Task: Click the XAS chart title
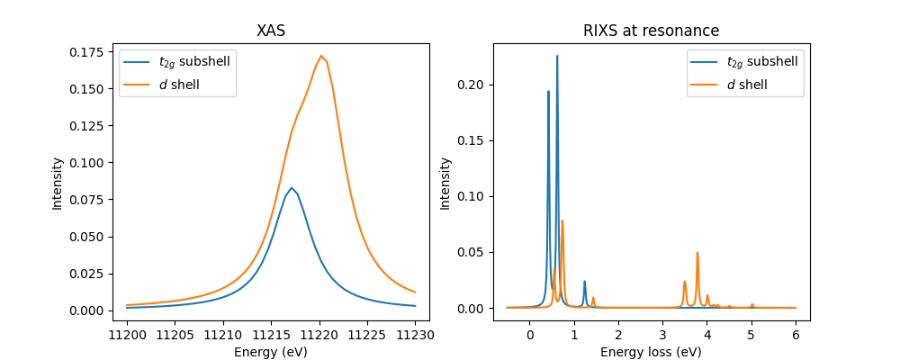pyautogui.click(x=271, y=30)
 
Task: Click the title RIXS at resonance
pyautogui.click(x=651, y=30)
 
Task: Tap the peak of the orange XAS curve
pyautogui.click(x=320, y=56)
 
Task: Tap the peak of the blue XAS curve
pyautogui.click(x=292, y=188)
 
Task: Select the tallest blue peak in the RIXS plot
pyautogui.click(x=557, y=56)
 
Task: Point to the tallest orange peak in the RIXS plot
pyautogui.click(x=562, y=220)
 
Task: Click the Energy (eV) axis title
pyautogui.click(x=271, y=351)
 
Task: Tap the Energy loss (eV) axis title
pyautogui.click(x=651, y=351)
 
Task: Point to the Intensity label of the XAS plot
pyautogui.click(x=58, y=184)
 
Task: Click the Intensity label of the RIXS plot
pyautogui.click(x=445, y=184)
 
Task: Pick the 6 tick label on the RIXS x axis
pyautogui.click(x=796, y=334)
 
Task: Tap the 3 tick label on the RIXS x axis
pyautogui.click(x=662, y=334)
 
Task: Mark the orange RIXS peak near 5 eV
pyautogui.click(x=752, y=305)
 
